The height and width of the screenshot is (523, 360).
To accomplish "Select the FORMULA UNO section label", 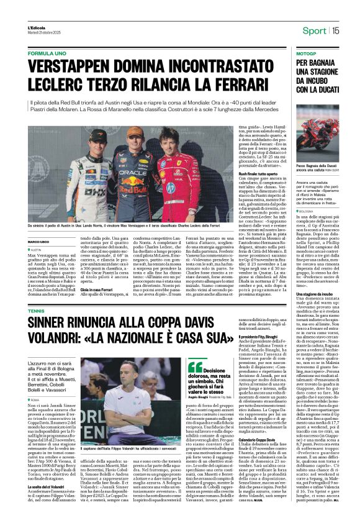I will coord(47,54).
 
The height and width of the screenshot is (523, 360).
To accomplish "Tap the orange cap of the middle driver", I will coord(134,132).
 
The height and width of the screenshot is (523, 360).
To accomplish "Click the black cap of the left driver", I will coord(98,135).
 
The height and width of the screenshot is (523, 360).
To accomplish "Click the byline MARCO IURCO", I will coord(39,242).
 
